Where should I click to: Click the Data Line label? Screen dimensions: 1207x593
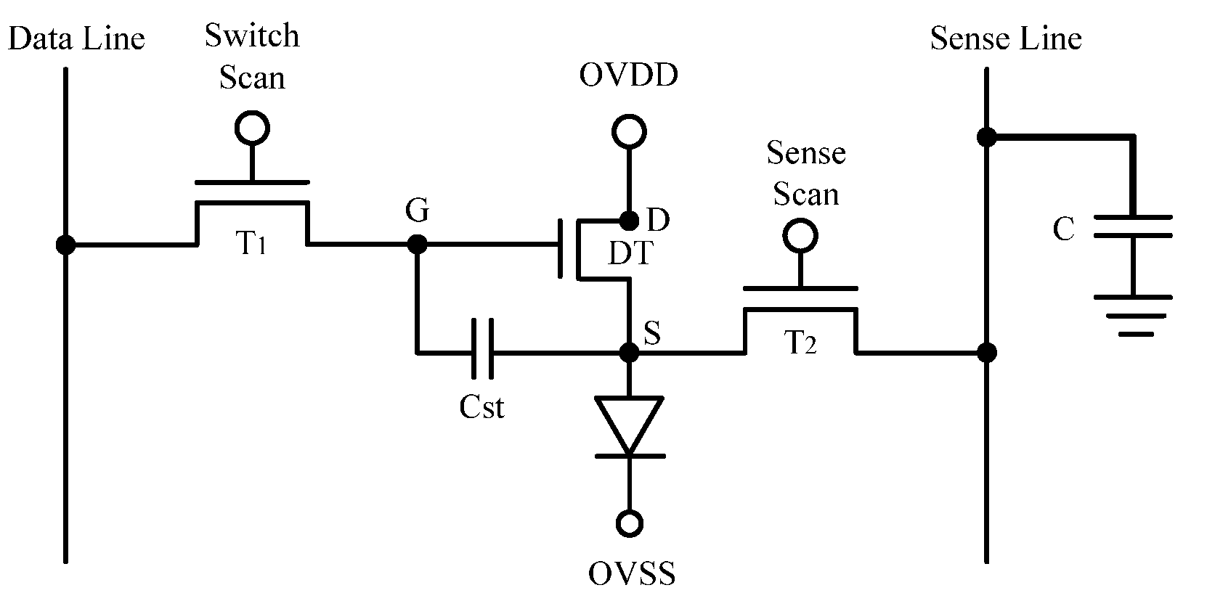pyautogui.click(x=76, y=38)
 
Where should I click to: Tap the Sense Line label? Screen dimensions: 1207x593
pyautogui.click(x=1006, y=38)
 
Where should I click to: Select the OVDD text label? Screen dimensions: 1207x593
pyautogui.click(x=628, y=75)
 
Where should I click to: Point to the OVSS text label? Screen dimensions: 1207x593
pyautogui.click(x=632, y=573)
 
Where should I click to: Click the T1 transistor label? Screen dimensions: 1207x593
pyautogui.click(x=251, y=242)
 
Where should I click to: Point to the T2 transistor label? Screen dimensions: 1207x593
pyautogui.click(x=800, y=342)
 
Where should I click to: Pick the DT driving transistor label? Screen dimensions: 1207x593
pyautogui.click(x=630, y=253)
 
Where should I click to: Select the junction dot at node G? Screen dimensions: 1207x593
pyautogui.click(x=417, y=244)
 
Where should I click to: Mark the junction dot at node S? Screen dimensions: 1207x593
pyautogui.click(x=629, y=353)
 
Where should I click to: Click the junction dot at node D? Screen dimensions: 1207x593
pyautogui.click(x=629, y=220)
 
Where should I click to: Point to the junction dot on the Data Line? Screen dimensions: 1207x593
pyautogui.click(x=66, y=245)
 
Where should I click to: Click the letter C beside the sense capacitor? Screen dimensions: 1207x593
pyautogui.click(x=1064, y=229)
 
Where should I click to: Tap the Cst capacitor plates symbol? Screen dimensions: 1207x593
pyautogui.click(x=482, y=349)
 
